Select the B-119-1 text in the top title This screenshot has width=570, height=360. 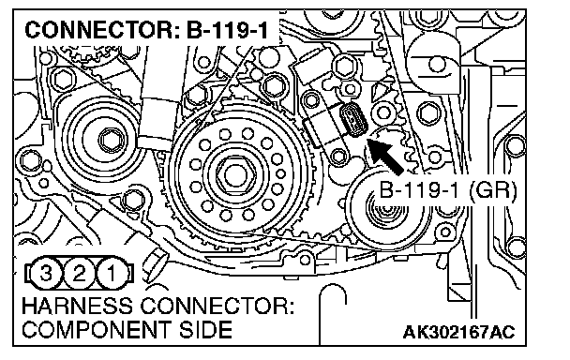click(x=227, y=30)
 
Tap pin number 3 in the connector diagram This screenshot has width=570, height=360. click(x=46, y=274)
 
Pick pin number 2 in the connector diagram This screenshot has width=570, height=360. click(x=79, y=274)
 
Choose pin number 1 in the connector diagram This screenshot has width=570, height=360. click(x=112, y=274)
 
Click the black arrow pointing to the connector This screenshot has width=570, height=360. click(x=385, y=156)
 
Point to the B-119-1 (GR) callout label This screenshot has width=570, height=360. click(x=447, y=190)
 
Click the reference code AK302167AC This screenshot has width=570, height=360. click(x=458, y=332)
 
